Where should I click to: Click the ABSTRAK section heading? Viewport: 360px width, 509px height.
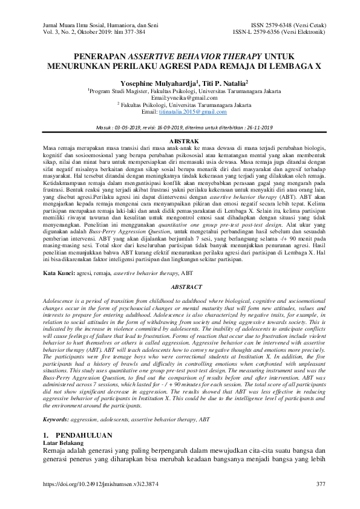pyautogui.click(x=179, y=140)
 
